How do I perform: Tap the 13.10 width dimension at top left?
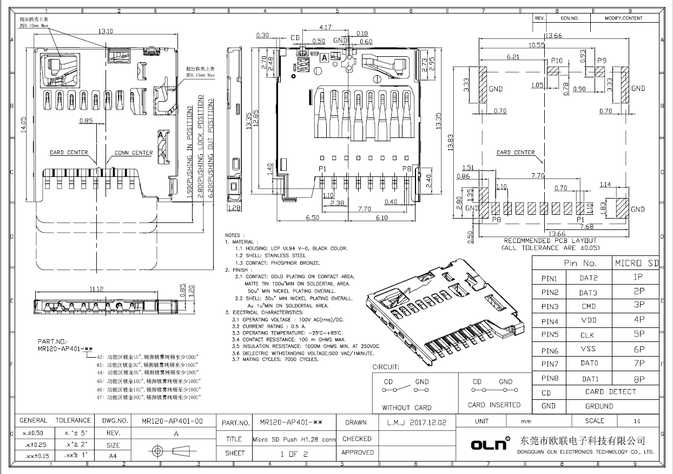[x=105, y=31]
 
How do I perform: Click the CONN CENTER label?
[x=134, y=153]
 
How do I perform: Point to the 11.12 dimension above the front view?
[x=96, y=289]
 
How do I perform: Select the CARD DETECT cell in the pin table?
[x=610, y=392]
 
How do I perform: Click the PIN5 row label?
[x=550, y=335]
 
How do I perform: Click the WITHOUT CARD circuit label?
[x=407, y=407]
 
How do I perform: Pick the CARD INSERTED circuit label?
[x=494, y=405]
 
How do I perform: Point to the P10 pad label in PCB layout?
[x=556, y=61]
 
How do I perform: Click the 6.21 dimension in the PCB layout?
[x=513, y=56]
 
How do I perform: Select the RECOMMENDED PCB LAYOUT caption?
[x=550, y=240]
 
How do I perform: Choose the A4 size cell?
[x=113, y=456]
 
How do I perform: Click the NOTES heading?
[x=233, y=235]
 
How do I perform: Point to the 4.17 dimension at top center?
[x=326, y=27]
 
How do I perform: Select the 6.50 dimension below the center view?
[x=312, y=218]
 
